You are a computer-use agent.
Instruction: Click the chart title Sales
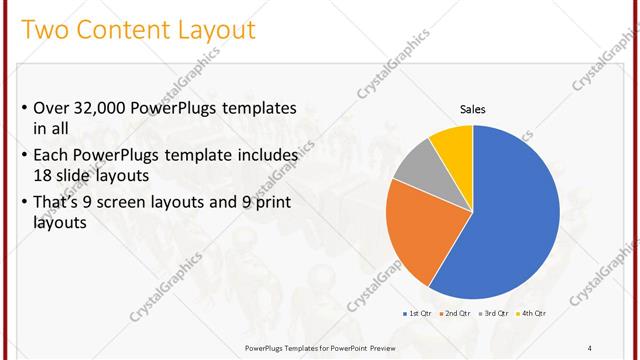tap(472, 109)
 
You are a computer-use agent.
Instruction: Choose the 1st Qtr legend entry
tap(418, 313)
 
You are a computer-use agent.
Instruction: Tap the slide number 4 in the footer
tap(590, 347)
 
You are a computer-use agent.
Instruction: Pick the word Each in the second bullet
tap(51, 156)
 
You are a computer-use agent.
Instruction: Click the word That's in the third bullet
tap(58, 205)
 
